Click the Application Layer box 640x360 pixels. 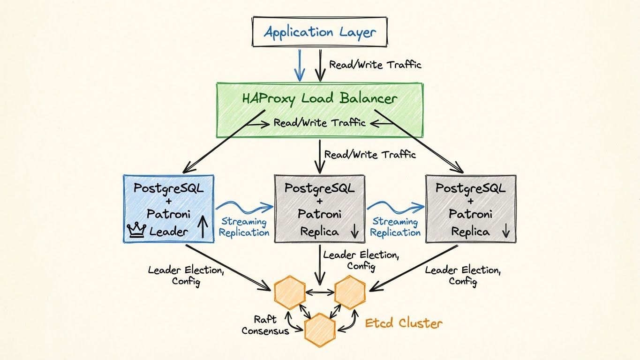tap(320, 32)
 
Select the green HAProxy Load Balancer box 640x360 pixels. tap(319, 110)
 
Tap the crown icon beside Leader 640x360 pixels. tap(136, 231)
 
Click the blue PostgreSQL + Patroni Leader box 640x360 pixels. tap(168, 209)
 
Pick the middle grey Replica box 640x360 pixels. tap(319, 209)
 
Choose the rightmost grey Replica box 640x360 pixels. tap(470, 209)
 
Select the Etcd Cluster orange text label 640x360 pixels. tap(404, 323)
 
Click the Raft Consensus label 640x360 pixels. tap(265, 325)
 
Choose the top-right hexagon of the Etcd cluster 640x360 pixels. tap(350, 293)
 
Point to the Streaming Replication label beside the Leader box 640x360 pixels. tap(244, 227)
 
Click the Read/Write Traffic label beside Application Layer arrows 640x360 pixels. tap(375, 65)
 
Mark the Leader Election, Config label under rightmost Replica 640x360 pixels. tap(463, 276)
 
